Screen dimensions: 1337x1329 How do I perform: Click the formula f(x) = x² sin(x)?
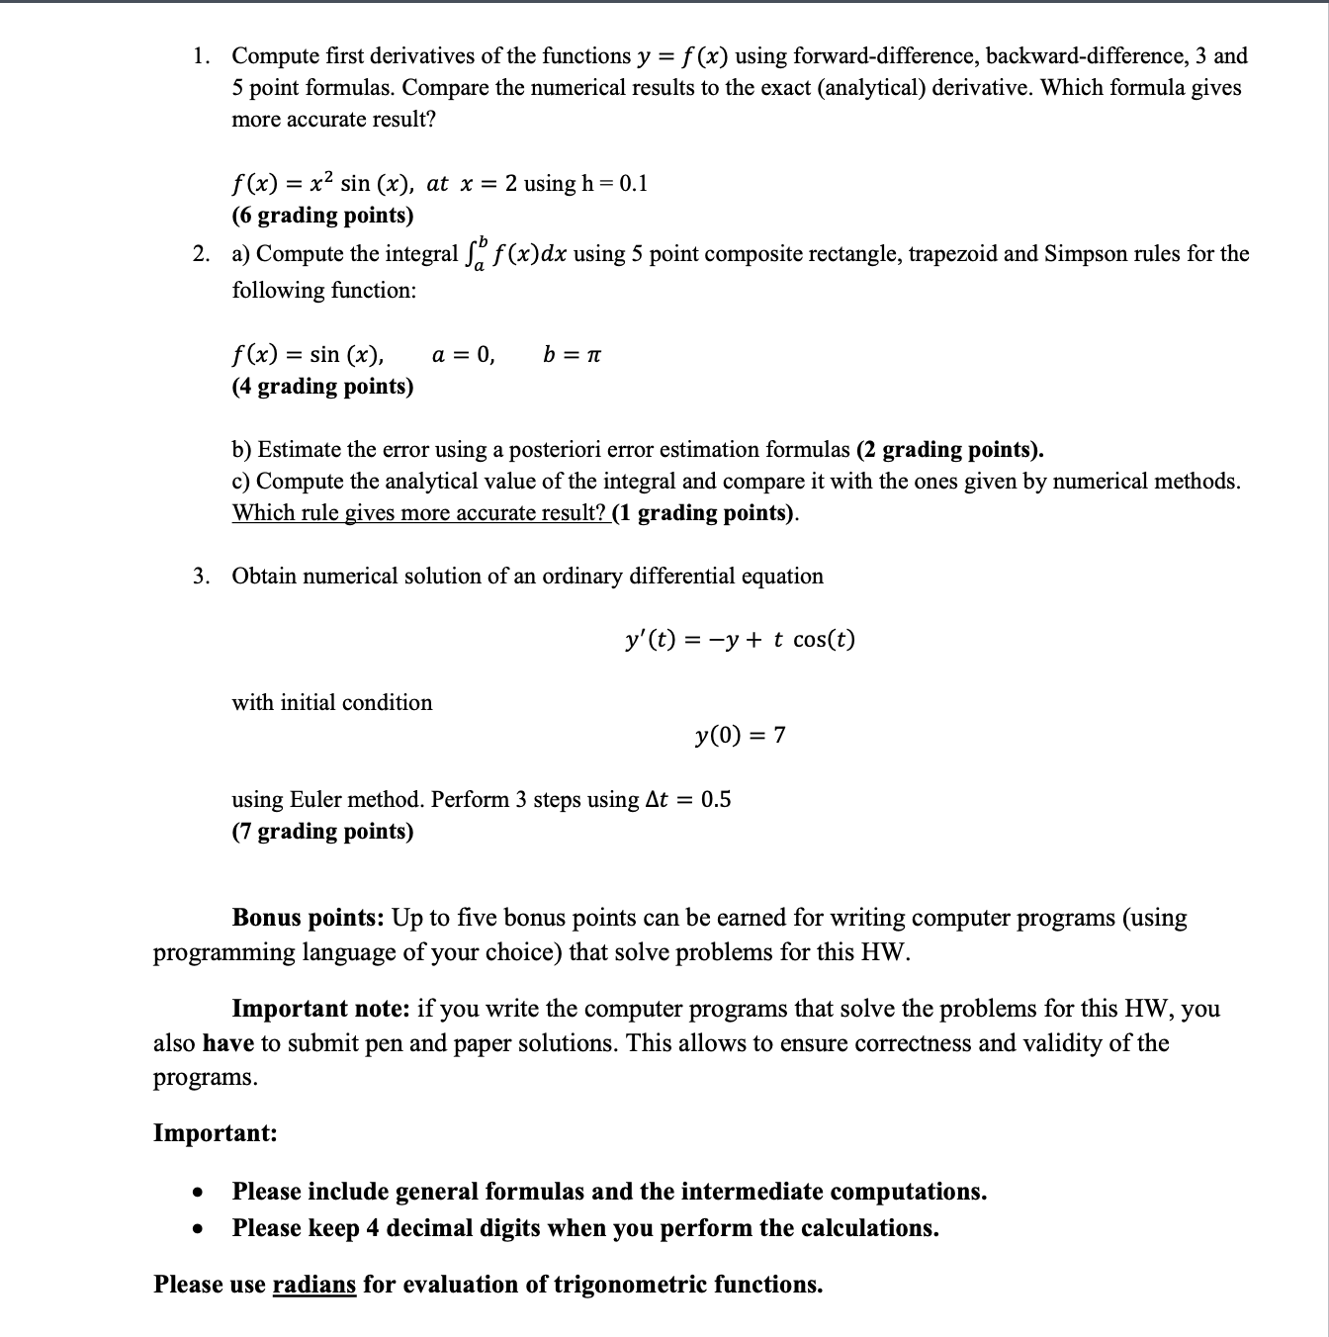tap(325, 184)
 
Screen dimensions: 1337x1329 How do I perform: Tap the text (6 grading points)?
tap(322, 216)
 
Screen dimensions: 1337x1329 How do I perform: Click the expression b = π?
tap(572, 354)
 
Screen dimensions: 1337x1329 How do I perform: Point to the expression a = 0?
tap(464, 354)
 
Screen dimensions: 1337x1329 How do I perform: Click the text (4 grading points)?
tap(322, 387)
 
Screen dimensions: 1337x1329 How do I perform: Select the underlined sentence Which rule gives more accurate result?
tap(419, 513)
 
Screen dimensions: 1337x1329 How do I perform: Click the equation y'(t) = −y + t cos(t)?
tap(740, 640)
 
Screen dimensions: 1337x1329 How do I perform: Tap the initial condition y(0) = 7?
tap(740, 735)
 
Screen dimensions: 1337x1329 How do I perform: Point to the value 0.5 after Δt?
tap(716, 799)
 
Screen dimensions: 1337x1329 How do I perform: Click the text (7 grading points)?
tap(322, 832)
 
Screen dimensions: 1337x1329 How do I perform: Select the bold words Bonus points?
tap(308, 918)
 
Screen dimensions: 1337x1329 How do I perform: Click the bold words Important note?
tap(320, 1009)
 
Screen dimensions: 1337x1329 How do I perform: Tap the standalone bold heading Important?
tap(215, 1133)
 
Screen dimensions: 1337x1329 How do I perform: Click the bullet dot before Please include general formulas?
tap(199, 1192)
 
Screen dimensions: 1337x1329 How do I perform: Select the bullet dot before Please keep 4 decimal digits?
tap(199, 1229)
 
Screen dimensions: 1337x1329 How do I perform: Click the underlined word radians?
tap(313, 1285)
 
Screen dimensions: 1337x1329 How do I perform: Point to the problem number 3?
tap(201, 577)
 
